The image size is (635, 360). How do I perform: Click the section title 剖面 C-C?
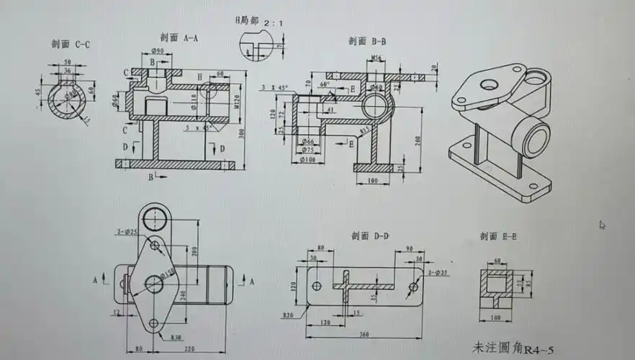click(71, 45)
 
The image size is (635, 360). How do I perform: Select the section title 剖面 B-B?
click(367, 42)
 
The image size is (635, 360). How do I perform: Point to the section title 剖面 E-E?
click(498, 236)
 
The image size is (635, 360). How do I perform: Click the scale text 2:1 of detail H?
click(274, 24)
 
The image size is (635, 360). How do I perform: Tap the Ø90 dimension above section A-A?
click(158, 50)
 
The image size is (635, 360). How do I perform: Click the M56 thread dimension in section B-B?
click(377, 57)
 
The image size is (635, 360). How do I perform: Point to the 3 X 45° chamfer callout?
click(274, 87)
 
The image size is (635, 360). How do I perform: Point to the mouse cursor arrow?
click(602, 225)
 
